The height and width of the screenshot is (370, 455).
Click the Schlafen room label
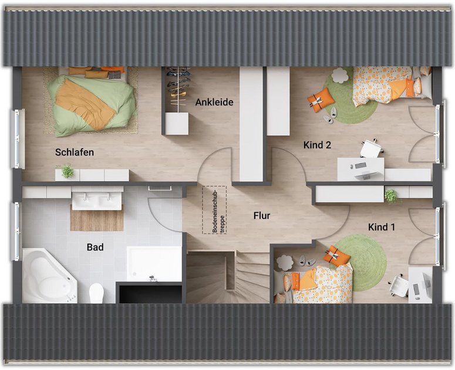[x=75, y=152]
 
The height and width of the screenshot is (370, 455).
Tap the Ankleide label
[x=214, y=102]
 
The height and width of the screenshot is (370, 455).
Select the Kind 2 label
[x=317, y=145]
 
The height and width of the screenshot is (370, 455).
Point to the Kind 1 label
[x=381, y=227]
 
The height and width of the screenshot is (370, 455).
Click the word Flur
[x=262, y=216]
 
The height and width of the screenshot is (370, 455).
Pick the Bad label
[x=95, y=247]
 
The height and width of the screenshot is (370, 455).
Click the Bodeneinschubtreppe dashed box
[x=214, y=210]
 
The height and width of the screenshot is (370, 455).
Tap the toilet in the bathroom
[x=96, y=293]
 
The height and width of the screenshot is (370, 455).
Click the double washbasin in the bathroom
[x=97, y=198]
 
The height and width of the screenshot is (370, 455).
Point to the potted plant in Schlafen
[x=67, y=171]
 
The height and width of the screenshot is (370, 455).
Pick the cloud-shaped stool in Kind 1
[x=285, y=263]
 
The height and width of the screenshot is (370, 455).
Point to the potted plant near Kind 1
[x=392, y=196]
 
